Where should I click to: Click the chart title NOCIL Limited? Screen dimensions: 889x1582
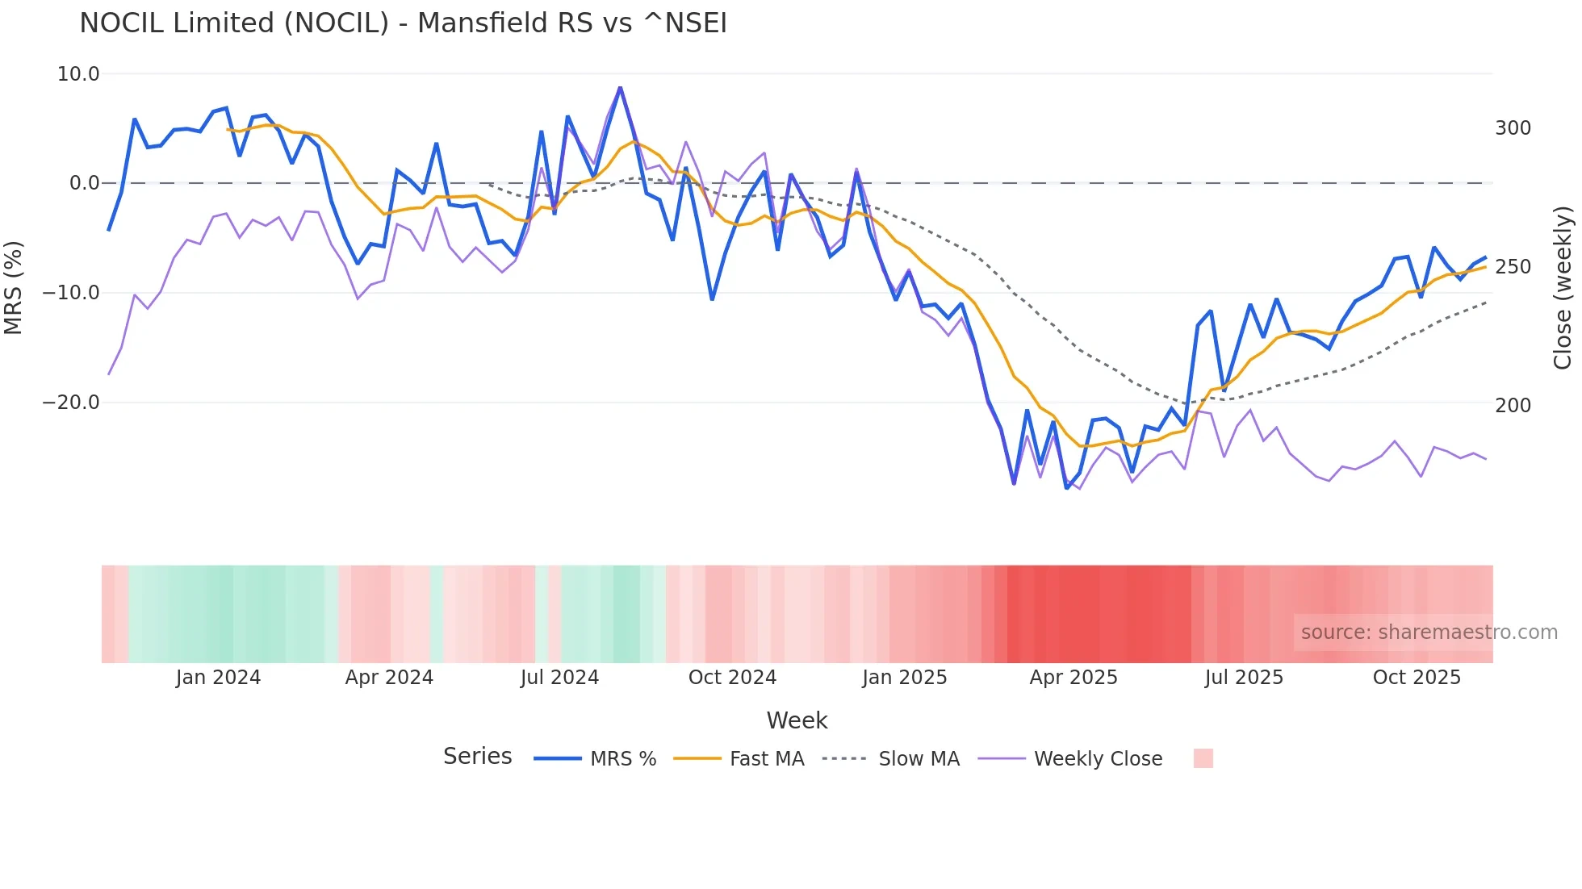click(x=403, y=23)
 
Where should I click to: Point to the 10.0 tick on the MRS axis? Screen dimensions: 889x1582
click(x=78, y=74)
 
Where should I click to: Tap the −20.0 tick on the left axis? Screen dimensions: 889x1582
click(x=71, y=402)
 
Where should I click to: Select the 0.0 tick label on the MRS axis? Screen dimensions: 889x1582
click(x=84, y=183)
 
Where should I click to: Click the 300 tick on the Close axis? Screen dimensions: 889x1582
click(x=1513, y=128)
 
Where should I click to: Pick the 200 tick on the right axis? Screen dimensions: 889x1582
click(x=1513, y=405)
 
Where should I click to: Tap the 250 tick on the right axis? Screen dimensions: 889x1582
click(x=1513, y=267)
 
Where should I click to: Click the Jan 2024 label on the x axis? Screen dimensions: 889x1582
click(x=218, y=678)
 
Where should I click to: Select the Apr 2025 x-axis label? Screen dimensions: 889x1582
click(x=1073, y=678)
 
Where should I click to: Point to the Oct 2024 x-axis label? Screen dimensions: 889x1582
click(x=732, y=678)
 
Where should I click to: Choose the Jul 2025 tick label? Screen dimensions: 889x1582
click(x=1244, y=678)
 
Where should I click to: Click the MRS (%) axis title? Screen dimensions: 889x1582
click(x=14, y=287)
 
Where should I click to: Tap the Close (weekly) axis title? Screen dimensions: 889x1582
click(x=1563, y=287)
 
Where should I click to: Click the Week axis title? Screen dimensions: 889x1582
click(x=797, y=720)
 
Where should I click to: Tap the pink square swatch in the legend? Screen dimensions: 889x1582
click(x=1203, y=758)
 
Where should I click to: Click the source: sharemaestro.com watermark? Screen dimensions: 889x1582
click(x=1429, y=632)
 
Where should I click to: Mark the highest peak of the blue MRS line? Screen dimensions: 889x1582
click(x=620, y=87)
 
